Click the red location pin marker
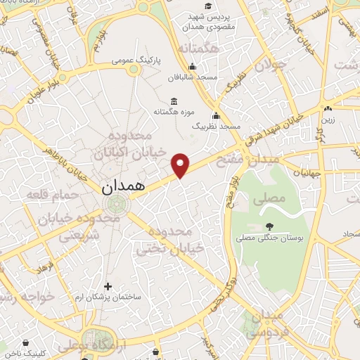[181, 165]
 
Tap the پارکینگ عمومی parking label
[136, 61]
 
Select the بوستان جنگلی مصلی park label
[270, 239]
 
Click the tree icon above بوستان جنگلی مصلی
[270, 226]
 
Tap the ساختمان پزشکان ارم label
[108, 297]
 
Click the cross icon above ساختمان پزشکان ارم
[108, 286]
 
